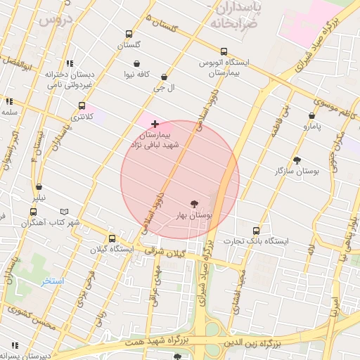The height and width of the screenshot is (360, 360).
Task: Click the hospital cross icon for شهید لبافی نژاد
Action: (155, 124)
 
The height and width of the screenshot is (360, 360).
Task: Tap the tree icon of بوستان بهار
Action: (205, 204)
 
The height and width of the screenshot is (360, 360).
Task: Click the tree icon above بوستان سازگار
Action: (297, 160)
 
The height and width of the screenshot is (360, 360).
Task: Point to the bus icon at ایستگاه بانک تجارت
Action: (256, 231)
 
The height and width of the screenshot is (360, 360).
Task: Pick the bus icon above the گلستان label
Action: (128, 34)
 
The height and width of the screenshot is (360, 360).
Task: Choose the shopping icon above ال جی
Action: (165, 77)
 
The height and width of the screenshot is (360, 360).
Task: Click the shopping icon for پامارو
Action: (311, 116)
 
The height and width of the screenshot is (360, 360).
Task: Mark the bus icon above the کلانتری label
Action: (82, 106)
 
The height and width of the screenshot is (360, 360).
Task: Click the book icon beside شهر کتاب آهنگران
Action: (65, 212)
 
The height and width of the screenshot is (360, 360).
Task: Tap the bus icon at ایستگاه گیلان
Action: (112, 238)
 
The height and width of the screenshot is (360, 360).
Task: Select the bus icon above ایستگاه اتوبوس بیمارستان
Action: (224, 51)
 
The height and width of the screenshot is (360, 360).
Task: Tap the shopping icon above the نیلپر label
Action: (38, 187)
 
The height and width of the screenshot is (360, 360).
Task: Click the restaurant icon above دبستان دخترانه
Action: (69, 64)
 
